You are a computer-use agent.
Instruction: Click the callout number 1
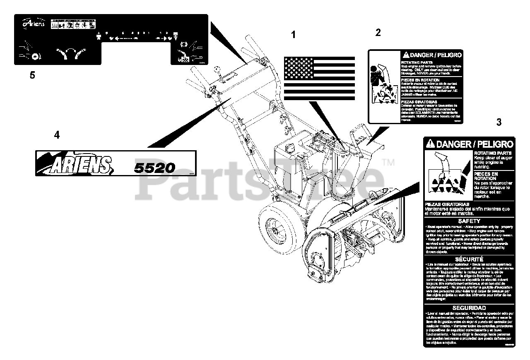click(294, 35)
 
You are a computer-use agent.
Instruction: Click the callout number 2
click(378, 32)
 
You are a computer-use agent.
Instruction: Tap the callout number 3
click(499, 122)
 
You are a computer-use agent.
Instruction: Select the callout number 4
click(57, 134)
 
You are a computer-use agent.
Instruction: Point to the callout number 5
click(32, 75)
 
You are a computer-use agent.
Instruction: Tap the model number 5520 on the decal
click(154, 167)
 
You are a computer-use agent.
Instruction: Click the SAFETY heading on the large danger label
click(469, 221)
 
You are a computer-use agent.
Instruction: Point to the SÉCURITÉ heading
click(469, 259)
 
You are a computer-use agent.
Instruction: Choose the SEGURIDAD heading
click(469, 308)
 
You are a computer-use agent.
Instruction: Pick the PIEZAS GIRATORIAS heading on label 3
click(447, 204)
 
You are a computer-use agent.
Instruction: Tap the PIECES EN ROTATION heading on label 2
click(414, 80)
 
